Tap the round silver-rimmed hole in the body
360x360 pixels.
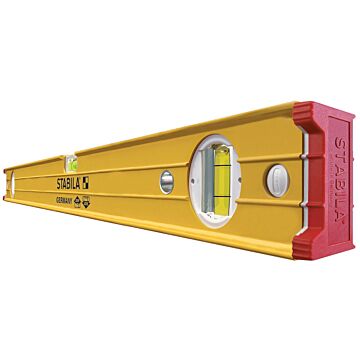coord(166,181)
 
